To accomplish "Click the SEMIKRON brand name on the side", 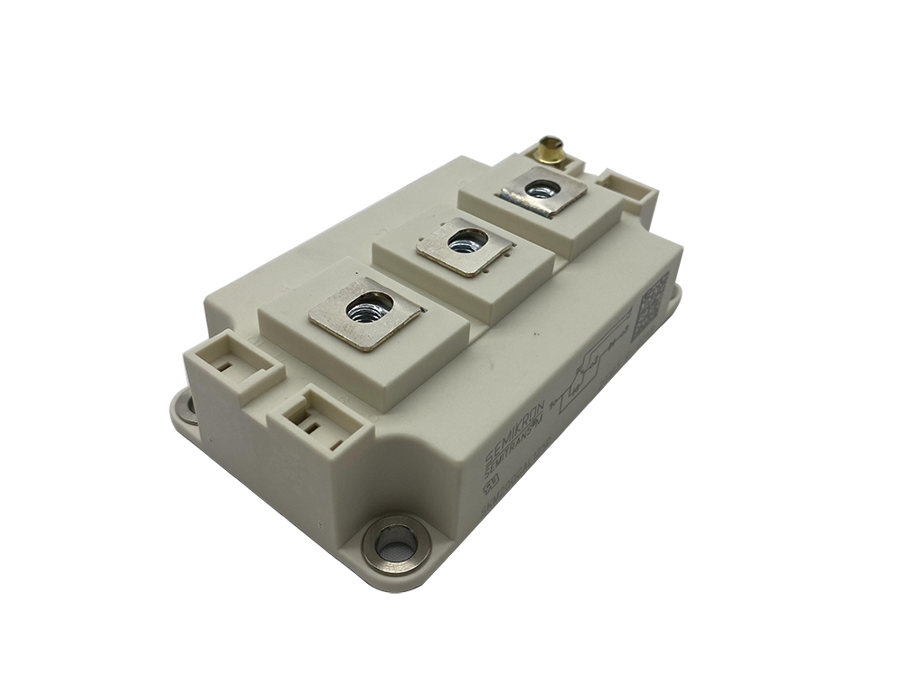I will (x=510, y=433).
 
